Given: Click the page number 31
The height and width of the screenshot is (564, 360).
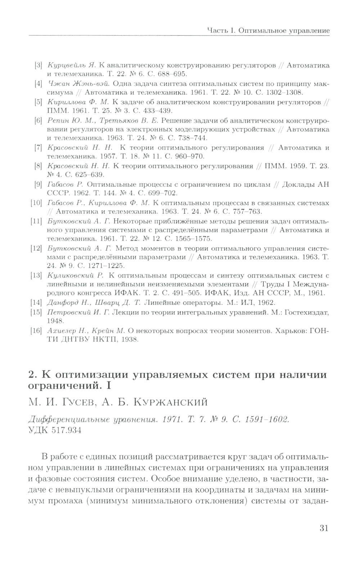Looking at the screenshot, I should click(x=323, y=528).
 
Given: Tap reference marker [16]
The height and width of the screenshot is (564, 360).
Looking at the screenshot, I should click(x=37, y=330).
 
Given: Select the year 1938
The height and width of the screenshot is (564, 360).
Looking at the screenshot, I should click(x=131, y=339).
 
